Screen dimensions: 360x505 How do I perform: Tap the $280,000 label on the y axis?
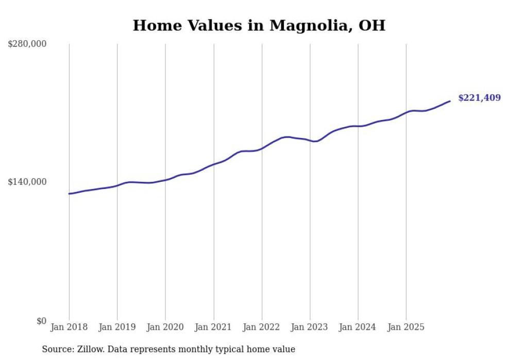[x=27, y=44]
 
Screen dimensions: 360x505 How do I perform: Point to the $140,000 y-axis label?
[x=27, y=182]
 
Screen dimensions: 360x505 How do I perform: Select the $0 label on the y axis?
[x=41, y=321]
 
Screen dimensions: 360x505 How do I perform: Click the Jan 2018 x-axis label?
[x=69, y=327]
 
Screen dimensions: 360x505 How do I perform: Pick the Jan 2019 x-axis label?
[x=117, y=327]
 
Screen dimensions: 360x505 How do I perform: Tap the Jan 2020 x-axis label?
[x=165, y=327]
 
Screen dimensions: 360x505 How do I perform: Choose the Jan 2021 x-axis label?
[x=213, y=327]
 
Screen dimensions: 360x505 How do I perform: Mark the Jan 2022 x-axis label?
[x=262, y=327]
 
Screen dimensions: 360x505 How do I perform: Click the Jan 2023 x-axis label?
[x=310, y=327]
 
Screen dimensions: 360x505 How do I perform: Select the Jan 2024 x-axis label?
[x=358, y=327]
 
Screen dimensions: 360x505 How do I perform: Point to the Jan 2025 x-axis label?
[x=406, y=327]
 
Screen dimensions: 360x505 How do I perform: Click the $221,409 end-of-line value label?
[x=479, y=98]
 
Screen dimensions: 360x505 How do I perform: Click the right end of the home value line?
[x=450, y=101]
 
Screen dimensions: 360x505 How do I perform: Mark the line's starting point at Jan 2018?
[x=69, y=194]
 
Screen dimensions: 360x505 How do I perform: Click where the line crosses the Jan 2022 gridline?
[x=262, y=148]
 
